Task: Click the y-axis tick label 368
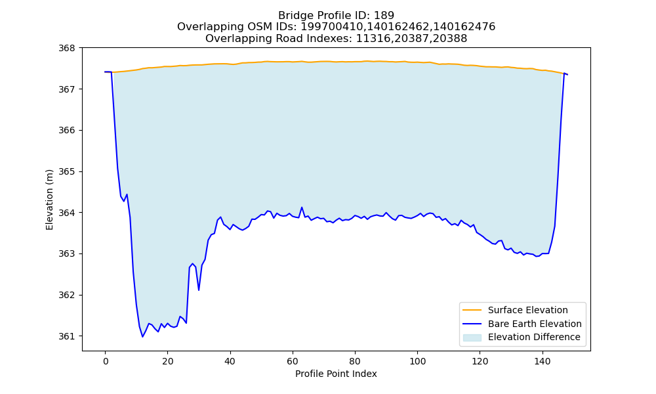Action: (66, 48)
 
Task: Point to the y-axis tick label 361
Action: (66, 336)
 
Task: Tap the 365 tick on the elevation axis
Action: (66, 171)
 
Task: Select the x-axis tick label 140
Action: (543, 361)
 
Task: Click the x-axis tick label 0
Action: (106, 361)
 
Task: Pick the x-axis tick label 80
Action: (355, 361)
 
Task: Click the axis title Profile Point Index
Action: (336, 374)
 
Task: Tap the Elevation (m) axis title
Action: (49, 200)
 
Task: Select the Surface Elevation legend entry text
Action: (527, 310)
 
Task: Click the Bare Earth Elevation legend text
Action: (535, 324)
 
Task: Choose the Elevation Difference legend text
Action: (534, 337)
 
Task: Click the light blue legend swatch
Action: (472, 338)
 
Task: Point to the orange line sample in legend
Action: (472, 310)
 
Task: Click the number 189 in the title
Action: (384, 16)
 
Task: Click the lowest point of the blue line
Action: (142, 337)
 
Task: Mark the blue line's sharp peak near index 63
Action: (302, 208)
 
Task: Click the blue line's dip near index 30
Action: (199, 290)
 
